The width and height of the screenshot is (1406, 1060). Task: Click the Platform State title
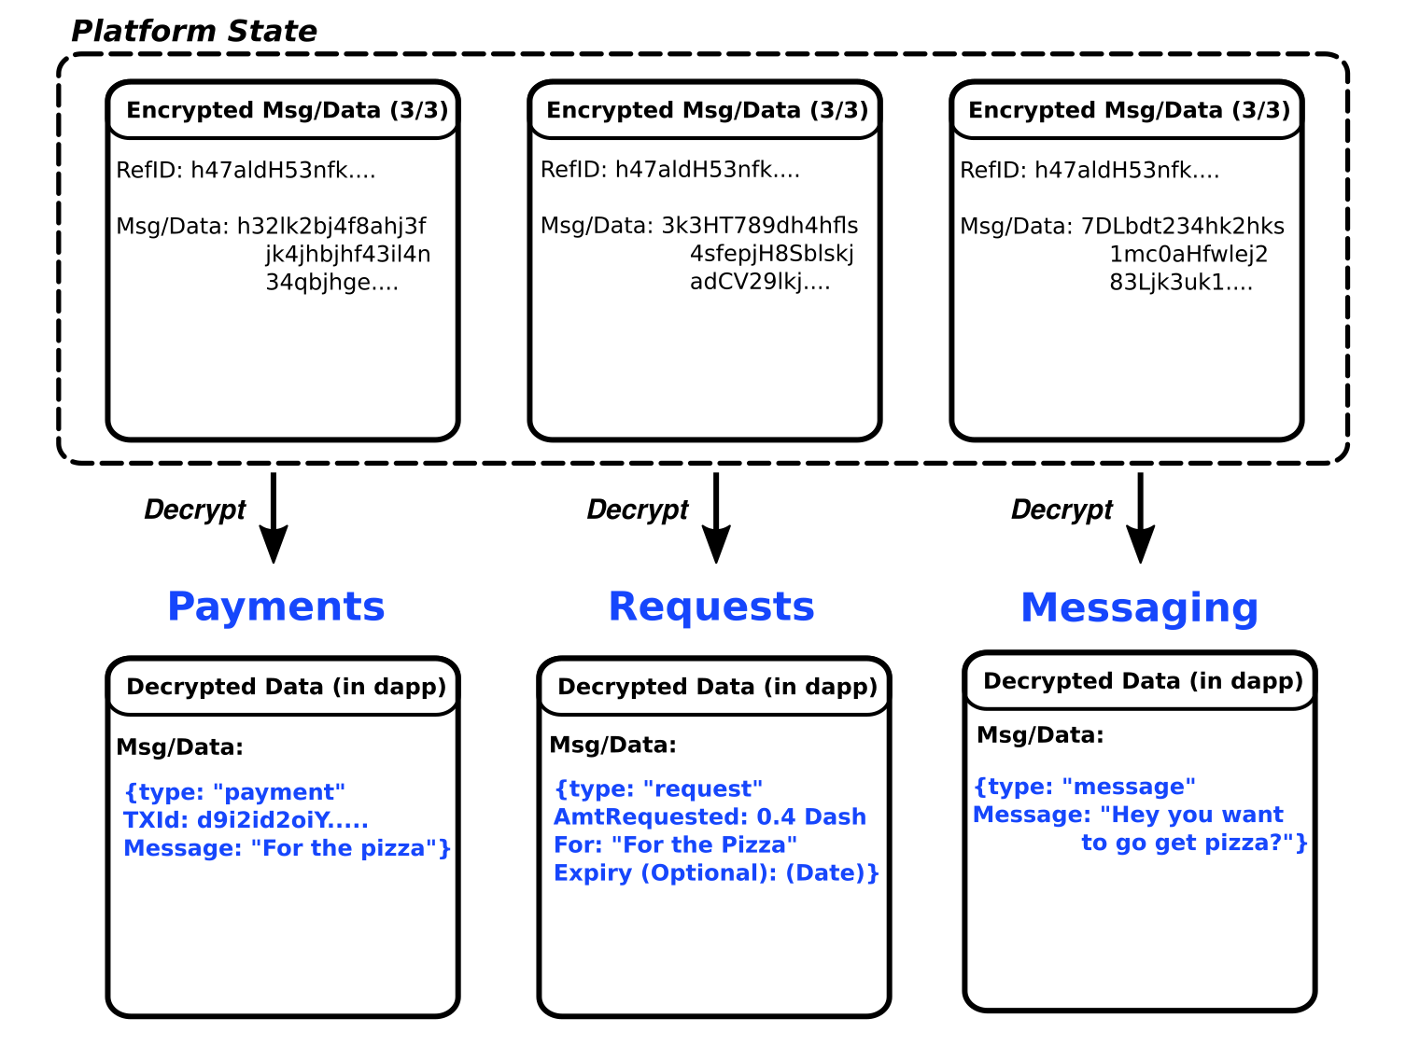click(193, 32)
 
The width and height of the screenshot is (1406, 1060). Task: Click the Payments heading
click(276, 607)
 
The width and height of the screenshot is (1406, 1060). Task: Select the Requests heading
click(711, 607)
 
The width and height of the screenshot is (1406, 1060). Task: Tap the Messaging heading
click(1140, 609)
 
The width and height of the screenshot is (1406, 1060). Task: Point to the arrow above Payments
click(274, 518)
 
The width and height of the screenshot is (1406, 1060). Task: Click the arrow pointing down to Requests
click(716, 518)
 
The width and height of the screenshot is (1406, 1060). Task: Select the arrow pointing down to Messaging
click(1141, 518)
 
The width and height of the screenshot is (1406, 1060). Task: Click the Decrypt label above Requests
click(638, 510)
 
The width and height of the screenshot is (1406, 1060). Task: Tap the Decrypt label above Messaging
click(1062, 510)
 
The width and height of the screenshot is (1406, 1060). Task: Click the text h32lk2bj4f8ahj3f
click(331, 227)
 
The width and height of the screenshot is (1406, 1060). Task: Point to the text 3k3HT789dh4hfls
click(760, 226)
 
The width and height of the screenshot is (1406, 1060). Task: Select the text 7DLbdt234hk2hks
click(1183, 227)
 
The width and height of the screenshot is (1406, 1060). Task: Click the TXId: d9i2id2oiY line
click(246, 820)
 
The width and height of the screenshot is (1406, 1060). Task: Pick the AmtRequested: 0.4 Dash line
click(710, 816)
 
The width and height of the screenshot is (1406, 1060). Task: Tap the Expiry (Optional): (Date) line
click(716, 873)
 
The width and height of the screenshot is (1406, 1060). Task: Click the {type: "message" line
click(1085, 787)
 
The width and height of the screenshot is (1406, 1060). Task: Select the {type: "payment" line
click(235, 792)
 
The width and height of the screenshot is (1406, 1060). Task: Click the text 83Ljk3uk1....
click(1180, 283)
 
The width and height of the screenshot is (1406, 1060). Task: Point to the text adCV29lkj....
click(760, 282)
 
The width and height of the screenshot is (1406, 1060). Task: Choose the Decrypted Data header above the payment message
click(286, 687)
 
